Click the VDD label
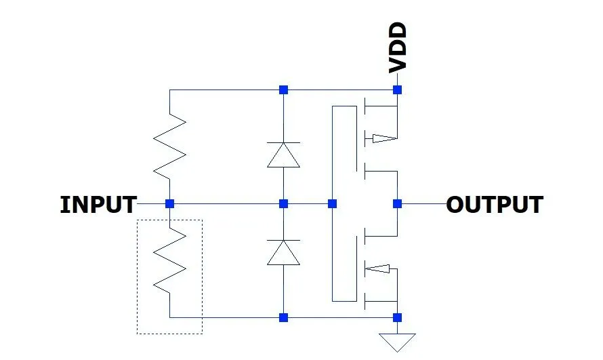click(x=398, y=47)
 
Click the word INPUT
click(x=98, y=204)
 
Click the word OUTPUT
click(x=495, y=204)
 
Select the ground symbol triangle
click(x=398, y=341)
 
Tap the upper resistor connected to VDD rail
click(x=169, y=146)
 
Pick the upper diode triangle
click(x=283, y=155)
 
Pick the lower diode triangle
click(x=283, y=252)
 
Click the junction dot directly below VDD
click(x=398, y=89)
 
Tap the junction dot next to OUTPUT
click(x=398, y=203)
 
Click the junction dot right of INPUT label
click(x=169, y=203)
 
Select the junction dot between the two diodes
click(x=283, y=203)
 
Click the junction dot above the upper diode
click(x=283, y=89)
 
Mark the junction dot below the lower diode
click(x=283, y=317)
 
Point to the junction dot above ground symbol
click(x=398, y=317)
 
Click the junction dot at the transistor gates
click(x=332, y=203)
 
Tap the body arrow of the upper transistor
click(x=382, y=139)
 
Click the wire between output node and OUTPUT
click(x=423, y=203)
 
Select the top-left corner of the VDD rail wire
click(x=169, y=89)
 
